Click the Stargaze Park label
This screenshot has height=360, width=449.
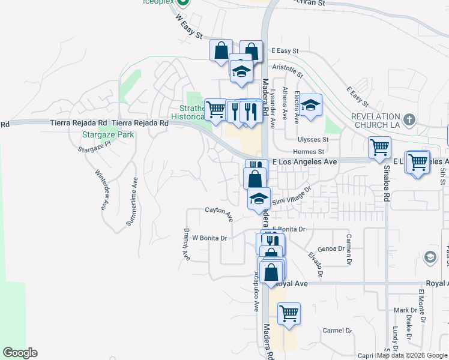point(108,135)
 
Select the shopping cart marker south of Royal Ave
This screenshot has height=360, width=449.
point(289,313)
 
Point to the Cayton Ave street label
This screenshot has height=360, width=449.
point(218,211)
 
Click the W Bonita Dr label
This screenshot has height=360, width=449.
point(209,238)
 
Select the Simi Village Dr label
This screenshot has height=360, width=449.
point(292,198)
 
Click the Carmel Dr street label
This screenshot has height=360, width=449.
point(337,331)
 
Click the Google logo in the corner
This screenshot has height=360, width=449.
point(20,353)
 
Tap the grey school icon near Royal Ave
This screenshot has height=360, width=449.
point(430,258)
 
